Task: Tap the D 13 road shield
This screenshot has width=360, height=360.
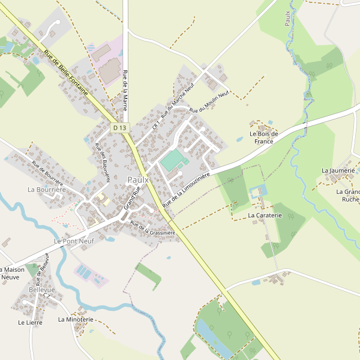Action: (x=120, y=127)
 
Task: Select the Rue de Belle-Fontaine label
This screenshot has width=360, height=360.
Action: (x=66, y=73)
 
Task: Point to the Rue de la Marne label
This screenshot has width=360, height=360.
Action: (x=125, y=91)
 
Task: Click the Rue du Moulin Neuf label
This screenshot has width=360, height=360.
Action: (x=209, y=102)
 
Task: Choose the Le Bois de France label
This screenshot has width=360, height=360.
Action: (x=264, y=137)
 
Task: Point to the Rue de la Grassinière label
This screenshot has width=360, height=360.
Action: (x=152, y=228)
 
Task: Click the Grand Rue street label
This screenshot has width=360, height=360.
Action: (x=131, y=197)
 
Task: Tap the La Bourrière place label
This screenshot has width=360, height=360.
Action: (x=46, y=190)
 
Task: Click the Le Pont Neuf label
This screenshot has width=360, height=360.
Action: (x=74, y=241)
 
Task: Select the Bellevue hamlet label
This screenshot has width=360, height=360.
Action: (x=41, y=290)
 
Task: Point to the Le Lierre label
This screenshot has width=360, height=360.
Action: (x=30, y=322)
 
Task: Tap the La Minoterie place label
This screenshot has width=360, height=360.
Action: (x=76, y=320)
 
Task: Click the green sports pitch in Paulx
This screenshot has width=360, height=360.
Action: (x=173, y=160)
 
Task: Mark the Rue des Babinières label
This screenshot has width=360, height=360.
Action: (x=103, y=157)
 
